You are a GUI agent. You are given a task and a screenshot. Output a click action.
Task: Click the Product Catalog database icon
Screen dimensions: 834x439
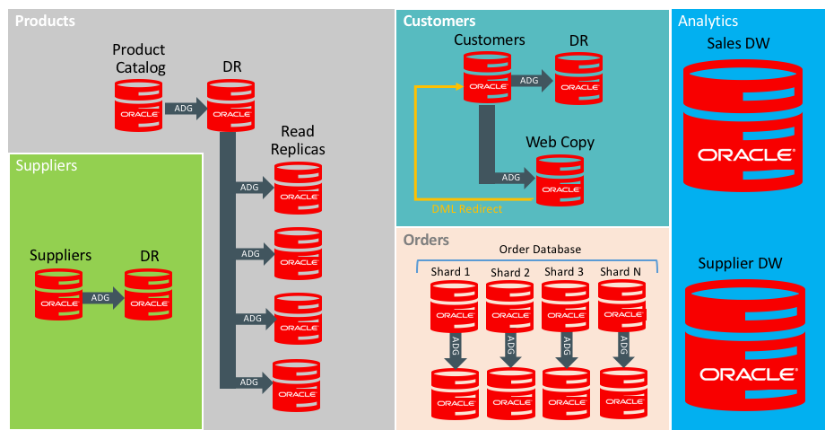[138, 106]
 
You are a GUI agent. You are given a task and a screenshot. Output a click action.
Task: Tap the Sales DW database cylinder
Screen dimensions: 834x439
[743, 125]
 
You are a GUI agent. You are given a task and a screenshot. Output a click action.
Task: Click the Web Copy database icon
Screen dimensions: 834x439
[560, 180]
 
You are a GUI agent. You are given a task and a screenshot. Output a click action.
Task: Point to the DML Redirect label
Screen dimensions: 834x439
[466, 209]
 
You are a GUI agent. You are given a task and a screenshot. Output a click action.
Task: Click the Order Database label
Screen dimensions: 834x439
[540, 249]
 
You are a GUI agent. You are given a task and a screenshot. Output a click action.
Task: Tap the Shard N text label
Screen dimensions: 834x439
[621, 272]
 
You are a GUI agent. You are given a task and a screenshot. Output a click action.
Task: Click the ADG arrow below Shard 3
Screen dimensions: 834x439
[567, 350]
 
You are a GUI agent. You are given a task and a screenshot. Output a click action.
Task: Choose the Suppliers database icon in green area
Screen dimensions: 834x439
[58, 294]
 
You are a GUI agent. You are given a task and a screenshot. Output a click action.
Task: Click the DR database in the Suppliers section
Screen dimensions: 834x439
[148, 294]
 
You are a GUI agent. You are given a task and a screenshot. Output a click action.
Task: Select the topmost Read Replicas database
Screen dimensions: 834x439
[298, 189]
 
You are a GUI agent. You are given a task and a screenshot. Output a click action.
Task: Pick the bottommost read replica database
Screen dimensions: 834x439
[296, 386]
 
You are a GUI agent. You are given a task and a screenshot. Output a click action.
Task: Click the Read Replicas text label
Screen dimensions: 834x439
[298, 140]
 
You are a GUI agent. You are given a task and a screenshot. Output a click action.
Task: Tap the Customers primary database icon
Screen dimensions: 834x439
[487, 77]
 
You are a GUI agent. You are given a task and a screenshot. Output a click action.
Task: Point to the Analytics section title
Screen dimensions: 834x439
[708, 21]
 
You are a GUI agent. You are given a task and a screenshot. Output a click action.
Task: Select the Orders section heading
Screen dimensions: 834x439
[426, 241]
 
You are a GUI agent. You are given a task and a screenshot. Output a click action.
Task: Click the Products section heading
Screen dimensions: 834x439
[45, 21]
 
